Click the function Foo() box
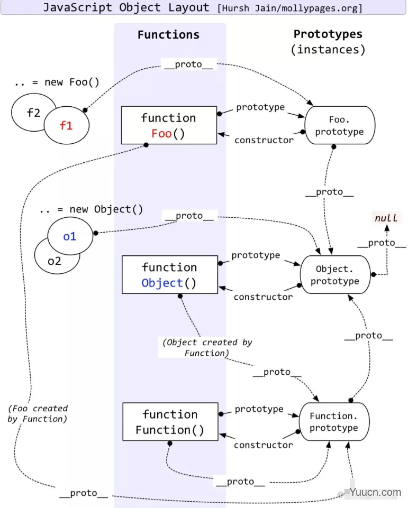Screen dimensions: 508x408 click(x=168, y=125)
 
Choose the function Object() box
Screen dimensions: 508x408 click(x=169, y=275)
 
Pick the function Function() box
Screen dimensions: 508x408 click(x=170, y=422)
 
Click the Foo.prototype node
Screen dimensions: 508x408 click(x=339, y=126)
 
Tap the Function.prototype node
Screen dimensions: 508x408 click(x=333, y=422)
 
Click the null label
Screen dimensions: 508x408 click(x=387, y=218)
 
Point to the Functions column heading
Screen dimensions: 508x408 click(x=168, y=35)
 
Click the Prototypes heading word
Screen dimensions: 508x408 click(x=328, y=34)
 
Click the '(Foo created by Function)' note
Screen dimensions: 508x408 click(x=38, y=413)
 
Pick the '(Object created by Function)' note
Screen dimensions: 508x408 click(x=207, y=347)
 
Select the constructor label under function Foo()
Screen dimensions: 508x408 click(x=264, y=140)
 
